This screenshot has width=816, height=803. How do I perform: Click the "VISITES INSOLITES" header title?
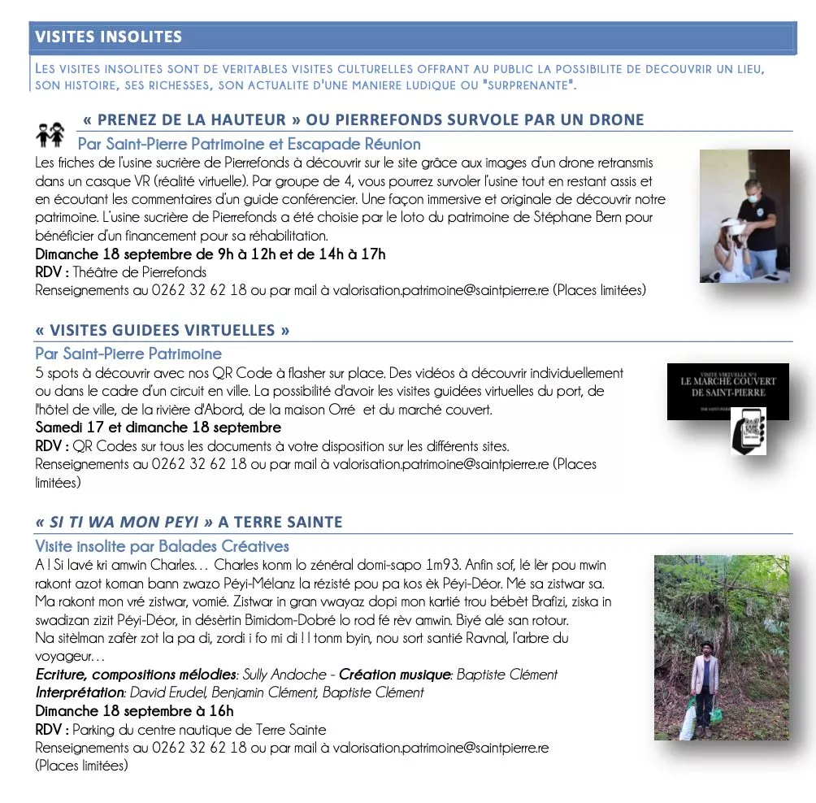pyautogui.click(x=109, y=37)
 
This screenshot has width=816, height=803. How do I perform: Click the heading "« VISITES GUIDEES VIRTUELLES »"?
pyautogui.click(x=163, y=331)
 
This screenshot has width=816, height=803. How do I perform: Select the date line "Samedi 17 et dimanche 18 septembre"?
pyautogui.click(x=158, y=428)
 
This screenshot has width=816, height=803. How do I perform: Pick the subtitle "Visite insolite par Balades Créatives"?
pyautogui.click(x=162, y=546)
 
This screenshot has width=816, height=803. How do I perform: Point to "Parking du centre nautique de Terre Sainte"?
pyautogui.click(x=200, y=729)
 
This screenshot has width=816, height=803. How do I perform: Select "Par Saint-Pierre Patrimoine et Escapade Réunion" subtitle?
pyautogui.click(x=249, y=145)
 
